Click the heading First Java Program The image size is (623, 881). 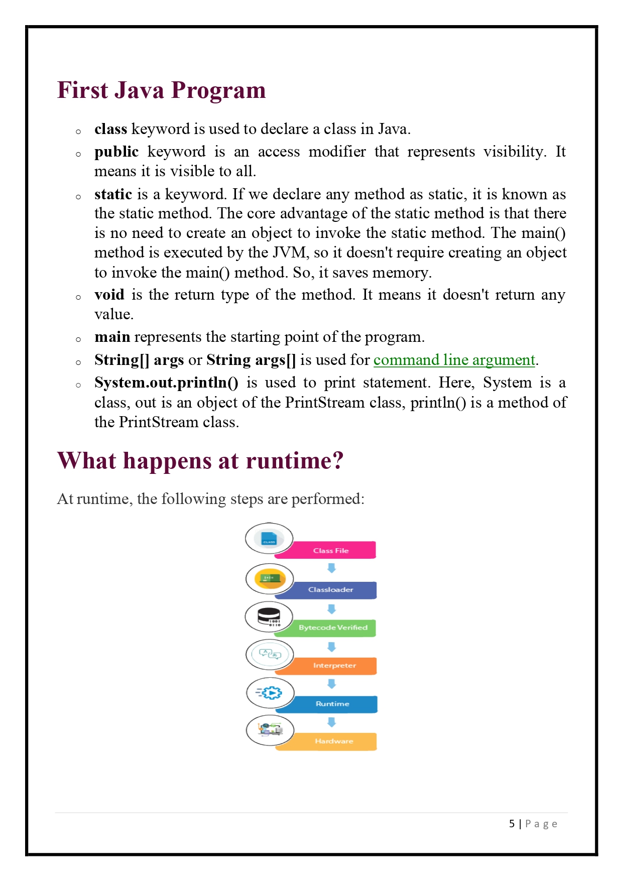pos(161,90)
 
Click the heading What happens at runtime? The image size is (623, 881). pos(200,461)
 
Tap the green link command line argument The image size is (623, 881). pos(454,360)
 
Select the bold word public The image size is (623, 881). pos(116,152)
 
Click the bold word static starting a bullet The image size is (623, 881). pos(113,194)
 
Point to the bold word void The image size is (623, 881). pos(109,295)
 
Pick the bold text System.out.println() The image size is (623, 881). pos(166,383)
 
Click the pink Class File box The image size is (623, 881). pos(331,551)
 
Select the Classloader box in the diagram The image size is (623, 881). pos(330,590)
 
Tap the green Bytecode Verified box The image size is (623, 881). pos(332,627)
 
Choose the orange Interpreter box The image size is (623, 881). pos(334,666)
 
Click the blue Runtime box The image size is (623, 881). pos(332,704)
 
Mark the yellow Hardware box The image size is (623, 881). pos(334,741)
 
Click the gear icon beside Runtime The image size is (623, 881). pos(270,693)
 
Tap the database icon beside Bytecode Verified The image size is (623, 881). pos(269,617)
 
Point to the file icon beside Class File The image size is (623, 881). pos(269,539)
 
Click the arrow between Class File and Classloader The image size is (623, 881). pos(331,568)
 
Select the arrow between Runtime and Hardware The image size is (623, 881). pos(331,722)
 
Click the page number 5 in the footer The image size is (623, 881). pos(512,824)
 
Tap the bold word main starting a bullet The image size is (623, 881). pos(112,337)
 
